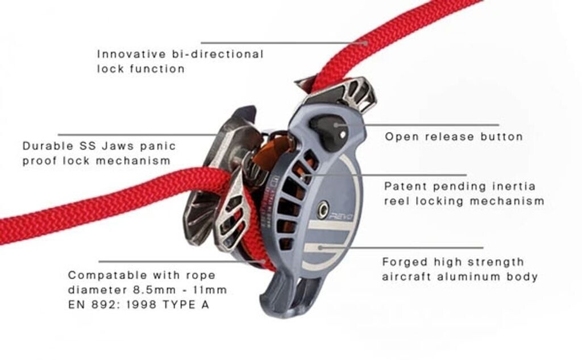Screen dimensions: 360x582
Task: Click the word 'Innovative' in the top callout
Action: (124, 55)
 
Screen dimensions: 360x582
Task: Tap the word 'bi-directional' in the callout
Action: (217, 55)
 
